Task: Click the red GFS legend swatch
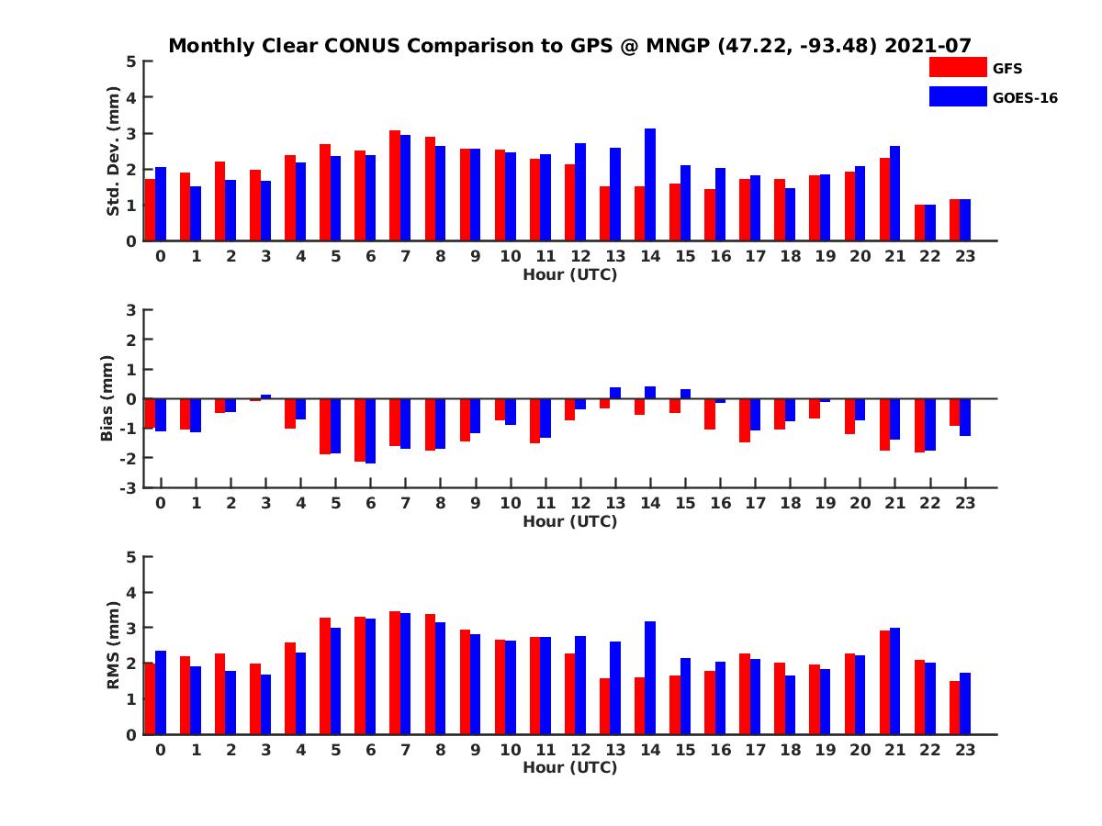click(957, 67)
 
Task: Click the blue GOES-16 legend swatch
click(957, 96)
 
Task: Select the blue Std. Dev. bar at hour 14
click(650, 184)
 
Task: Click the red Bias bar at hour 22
click(920, 425)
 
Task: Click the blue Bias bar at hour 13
click(615, 393)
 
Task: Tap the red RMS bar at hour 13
click(604, 706)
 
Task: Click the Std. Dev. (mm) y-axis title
click(114, 151)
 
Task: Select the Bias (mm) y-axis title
click(108, 398)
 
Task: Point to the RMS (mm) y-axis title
click(114, 645)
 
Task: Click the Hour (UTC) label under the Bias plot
click(569, 521)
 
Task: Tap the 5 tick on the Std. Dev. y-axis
click(132, 61)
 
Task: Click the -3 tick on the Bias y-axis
click(129, 487)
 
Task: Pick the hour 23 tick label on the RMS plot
click(964, 749)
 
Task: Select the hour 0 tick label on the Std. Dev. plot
click(161, 256)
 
